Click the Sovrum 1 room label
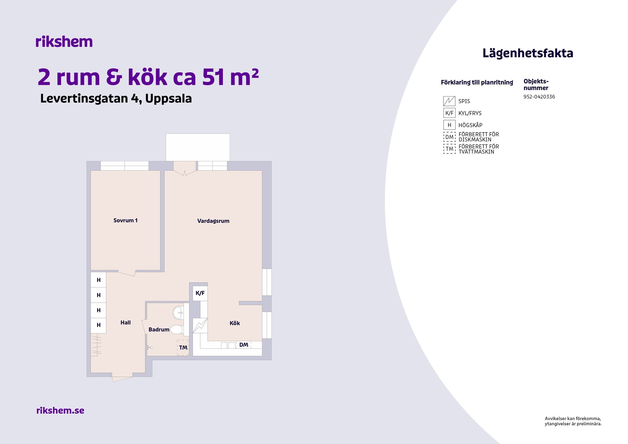[125, 221]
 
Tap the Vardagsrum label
[213, 221]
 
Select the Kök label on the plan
[235, 323]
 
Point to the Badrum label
[159, 329]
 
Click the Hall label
[125, 323]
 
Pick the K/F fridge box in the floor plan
[200, 293]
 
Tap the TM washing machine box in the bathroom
[183, 348]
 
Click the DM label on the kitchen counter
[244, 345]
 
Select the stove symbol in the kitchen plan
[200, 326]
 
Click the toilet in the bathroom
[177, 329]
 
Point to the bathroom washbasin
[178, 312]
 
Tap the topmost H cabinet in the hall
[98, 280]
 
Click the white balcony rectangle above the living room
[198, 147]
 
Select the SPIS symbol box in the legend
[449, 101]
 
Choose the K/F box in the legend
[449, 113]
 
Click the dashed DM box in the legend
[449, 137]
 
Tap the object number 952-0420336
[539, 97]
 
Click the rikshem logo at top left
[64, 42]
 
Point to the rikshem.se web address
[60, 410]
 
